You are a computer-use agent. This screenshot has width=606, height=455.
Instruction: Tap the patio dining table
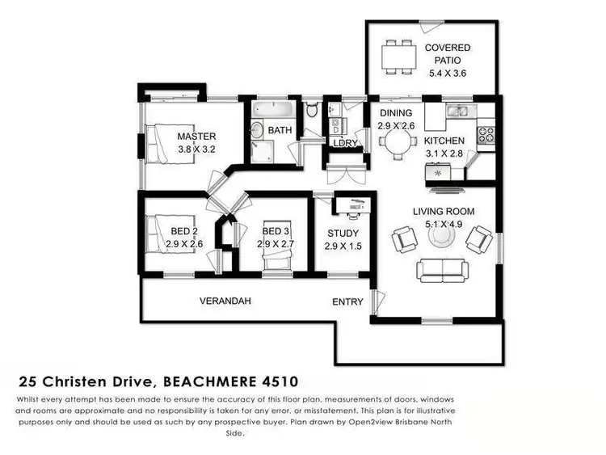[397, 57]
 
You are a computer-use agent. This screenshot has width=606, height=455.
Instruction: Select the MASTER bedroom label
[196, 137]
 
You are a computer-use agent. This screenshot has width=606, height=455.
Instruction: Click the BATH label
[280, 129]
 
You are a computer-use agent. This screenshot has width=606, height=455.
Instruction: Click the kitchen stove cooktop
[486, 133]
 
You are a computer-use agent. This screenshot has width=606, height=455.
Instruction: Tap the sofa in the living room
[442, 269]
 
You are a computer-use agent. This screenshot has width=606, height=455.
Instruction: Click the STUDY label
[342, 234]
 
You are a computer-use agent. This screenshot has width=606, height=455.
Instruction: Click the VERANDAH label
[225, 301]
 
